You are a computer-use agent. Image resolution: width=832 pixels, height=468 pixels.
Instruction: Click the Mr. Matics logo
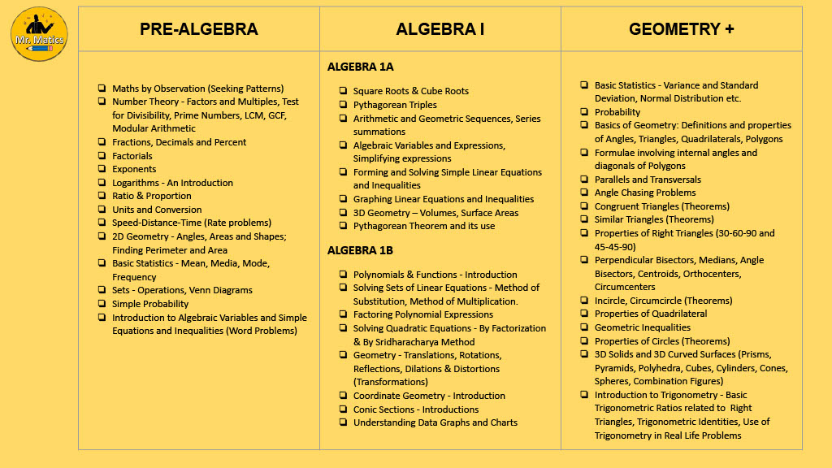click(39, 34)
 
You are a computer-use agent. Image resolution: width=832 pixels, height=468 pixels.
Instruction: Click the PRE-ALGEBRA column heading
click(198, 29)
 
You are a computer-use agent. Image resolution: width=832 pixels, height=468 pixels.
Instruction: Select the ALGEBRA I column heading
click(440, 29)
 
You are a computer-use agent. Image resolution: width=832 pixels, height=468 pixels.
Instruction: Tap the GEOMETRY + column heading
click(681, 29)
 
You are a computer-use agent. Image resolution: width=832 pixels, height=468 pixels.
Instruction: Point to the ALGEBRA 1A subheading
click(360, 67)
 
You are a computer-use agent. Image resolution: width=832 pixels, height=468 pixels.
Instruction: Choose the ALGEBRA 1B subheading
click(360, 250)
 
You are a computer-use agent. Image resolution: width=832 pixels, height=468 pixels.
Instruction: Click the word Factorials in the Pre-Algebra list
click(132, 156)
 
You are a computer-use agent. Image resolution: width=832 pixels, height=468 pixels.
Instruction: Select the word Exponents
click(133, 169)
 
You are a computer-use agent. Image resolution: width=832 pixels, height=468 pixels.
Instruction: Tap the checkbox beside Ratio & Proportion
click(102, 196)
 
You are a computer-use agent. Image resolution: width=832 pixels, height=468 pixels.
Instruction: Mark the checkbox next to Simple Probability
click(102, 304)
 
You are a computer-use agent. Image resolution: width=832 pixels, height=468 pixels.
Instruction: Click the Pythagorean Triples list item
click(395, 105)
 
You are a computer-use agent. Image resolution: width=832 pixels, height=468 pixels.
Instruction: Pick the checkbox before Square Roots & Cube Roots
click(344, 91)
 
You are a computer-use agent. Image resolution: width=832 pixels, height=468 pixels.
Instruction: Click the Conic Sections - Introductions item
click(415, 409)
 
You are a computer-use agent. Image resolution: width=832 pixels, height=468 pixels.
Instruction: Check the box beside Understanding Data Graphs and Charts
click(344, 422)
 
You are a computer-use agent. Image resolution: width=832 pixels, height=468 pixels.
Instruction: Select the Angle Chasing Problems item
click(645, 193)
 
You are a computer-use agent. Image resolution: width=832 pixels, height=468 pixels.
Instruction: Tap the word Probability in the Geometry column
click(617, 112)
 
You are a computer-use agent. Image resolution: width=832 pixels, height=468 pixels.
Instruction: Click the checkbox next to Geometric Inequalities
click(585, 327)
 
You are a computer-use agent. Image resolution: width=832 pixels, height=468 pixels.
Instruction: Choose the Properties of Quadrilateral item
click(651, 314)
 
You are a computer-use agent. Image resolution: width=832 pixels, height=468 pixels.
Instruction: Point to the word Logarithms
click(137, 183)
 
